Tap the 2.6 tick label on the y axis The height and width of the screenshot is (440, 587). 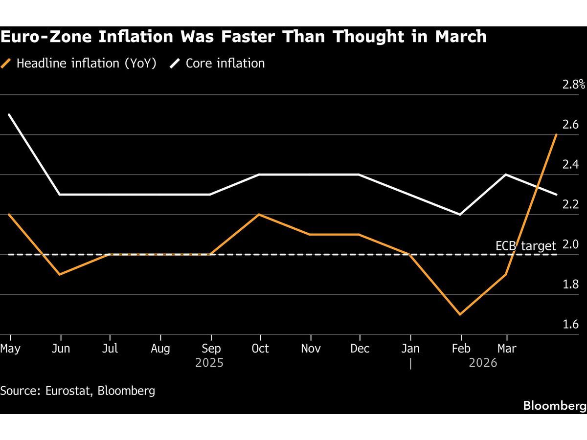[x=570, y=125]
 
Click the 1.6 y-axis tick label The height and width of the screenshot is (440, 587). [x=570, y=325]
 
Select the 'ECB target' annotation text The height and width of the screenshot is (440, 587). [x=526, y=245]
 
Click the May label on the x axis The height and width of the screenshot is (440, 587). [x=10, y=348]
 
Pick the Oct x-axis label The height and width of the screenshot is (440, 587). [x=260, y=348]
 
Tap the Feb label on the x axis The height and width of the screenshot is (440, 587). [x=460, y=348]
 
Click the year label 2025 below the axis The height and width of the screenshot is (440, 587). [x=209, y=363]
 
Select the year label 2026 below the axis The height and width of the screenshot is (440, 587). [x=483, y=363]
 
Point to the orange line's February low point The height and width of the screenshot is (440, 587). [x=460, y=314]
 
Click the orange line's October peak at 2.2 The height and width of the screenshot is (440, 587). [x=260, y=214]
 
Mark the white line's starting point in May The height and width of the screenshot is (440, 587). [x=10, y=114]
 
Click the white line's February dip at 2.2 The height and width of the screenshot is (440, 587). [x=460, y=214]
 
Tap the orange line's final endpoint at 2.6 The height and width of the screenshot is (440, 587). [x=557, y=134]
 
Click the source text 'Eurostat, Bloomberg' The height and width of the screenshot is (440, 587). [x=101, y=390]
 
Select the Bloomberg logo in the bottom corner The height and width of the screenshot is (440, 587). [x=554, y=405]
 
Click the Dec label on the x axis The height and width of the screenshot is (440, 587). [x=360, y=348]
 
